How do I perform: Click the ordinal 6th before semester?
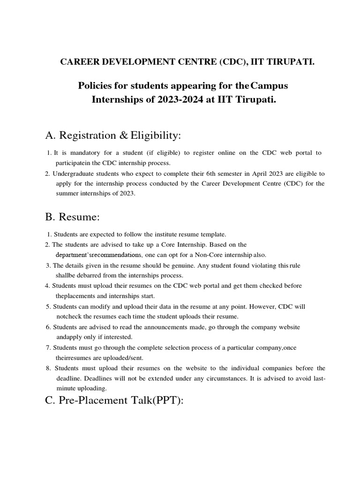tap(196, 173)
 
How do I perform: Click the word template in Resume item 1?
tap(215, 234)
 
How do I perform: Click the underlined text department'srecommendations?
tap(98, 255)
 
